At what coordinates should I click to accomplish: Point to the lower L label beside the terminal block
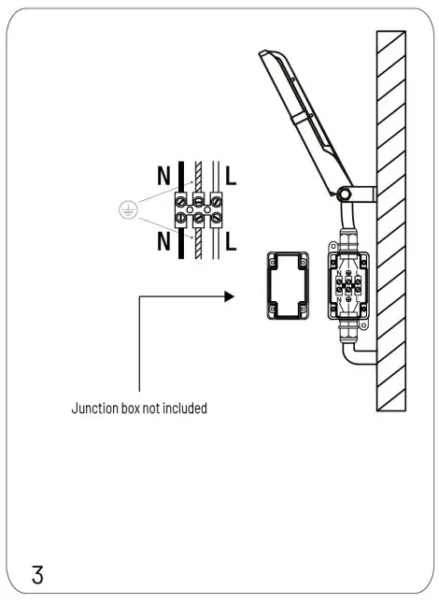(231, 244)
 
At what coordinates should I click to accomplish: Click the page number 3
(38, 573)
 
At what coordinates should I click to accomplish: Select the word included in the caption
(184, 409)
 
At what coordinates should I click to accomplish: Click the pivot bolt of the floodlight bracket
(344, 194)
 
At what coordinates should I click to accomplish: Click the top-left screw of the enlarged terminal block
(180, 198)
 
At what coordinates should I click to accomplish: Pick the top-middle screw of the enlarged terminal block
(198, 198)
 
